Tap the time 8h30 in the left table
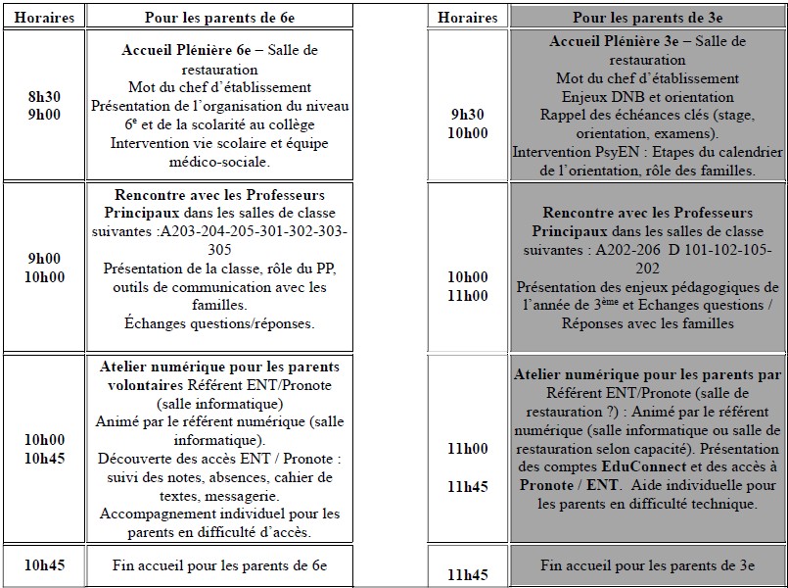[45, 97]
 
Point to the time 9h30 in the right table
[468, 115]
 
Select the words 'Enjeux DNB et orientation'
[647, 97]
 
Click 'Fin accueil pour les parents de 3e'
[647, 565]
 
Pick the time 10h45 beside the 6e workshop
[45, 459]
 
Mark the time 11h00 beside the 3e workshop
[468, 449]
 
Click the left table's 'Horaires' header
[45, 18]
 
